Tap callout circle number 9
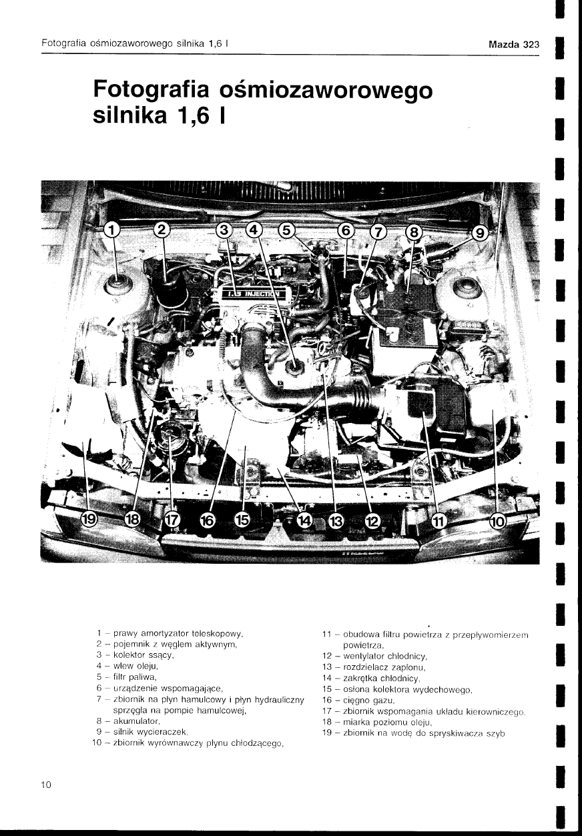point(481,234)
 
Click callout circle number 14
point(305,520)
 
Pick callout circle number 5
point(286,230)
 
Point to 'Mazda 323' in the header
point(514,45)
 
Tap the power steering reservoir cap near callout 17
point(169,436)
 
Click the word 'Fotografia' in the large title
point(152,90)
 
